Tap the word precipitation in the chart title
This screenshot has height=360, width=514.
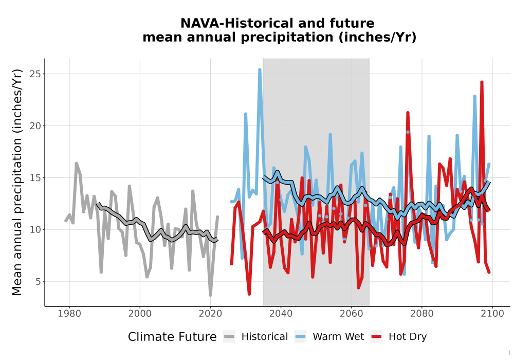(x=287, y=38)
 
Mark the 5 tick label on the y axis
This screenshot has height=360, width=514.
(x=39, y=281)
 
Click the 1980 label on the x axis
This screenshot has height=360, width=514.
(x=69, y=314)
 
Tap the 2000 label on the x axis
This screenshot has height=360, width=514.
(x=140, y=314)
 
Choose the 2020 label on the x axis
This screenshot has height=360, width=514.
(x=210, y=314)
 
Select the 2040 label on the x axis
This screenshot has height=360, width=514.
(x=281, y=314)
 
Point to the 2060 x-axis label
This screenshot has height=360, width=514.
(x=351, y=314)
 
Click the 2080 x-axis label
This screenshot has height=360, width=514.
(x=421, y=314)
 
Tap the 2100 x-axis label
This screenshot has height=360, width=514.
(x=492, y=314)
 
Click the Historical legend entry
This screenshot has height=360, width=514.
(x=255, y=337)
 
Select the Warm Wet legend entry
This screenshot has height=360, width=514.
(x=329, y=337)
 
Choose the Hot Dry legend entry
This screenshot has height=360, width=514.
(x=399, y=337)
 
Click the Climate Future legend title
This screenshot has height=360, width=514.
(x=172, y=337)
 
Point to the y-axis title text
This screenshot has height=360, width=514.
(x=17, y=182)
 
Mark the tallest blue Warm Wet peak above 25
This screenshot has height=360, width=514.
(x=260, y=70)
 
